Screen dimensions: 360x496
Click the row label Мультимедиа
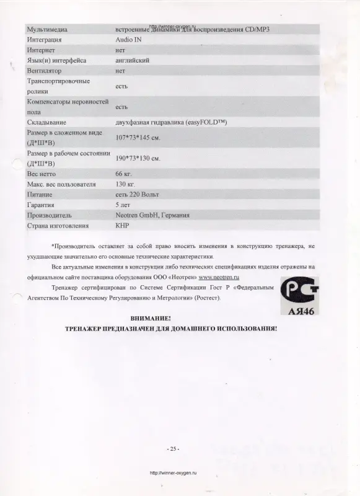48,29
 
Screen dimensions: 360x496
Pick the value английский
133,61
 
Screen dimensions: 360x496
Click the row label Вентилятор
45,71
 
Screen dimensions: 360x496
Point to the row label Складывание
47,122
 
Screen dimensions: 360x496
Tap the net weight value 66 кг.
125,174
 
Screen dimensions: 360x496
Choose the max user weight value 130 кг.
126,184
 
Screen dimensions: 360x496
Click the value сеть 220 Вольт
138,195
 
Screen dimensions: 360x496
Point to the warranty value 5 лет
123,205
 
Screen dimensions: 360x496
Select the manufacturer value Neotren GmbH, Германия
152,215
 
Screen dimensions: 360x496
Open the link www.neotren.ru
219,277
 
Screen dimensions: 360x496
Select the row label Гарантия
42,205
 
